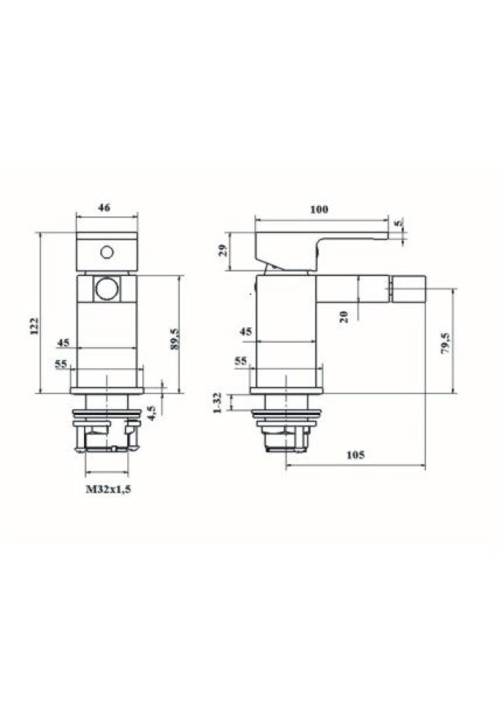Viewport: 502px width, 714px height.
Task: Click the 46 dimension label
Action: click(104, 208)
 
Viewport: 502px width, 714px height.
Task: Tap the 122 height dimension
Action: click(35, 326)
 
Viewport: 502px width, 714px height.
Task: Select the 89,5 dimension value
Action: click(175, 339)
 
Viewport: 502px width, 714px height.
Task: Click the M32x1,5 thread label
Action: click(109, 489)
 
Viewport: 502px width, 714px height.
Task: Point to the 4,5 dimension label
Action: click(152, 413)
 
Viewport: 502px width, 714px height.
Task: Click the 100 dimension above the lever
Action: click(319, 210)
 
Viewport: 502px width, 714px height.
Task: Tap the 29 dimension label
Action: click(222, 251)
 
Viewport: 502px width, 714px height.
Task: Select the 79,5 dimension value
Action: click(445, 344)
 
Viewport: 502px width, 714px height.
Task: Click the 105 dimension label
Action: click(355, 454)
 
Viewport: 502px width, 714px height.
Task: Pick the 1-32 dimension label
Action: click(217, 402)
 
